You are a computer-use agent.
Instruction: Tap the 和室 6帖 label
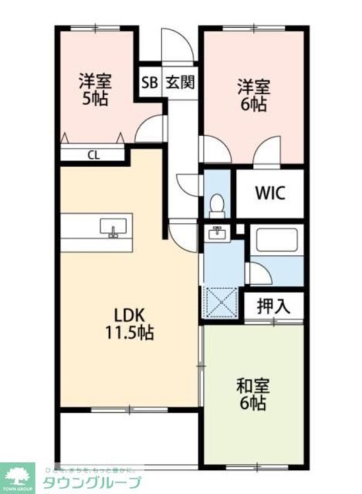click(252, 394)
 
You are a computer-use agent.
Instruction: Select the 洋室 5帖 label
click(95, 89)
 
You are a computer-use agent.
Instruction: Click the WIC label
click(269, 193)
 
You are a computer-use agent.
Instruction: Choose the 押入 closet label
click(273, 306)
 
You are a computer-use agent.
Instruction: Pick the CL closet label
click(93, 155)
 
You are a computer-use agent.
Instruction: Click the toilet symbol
click(216, 205)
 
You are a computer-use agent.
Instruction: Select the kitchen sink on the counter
click(113, 228)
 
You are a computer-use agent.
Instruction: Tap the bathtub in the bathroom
click(276, 240)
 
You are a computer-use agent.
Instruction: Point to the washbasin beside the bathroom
click(215, 233)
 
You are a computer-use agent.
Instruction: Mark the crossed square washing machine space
click(220, 302)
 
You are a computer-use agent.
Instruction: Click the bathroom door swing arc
click(259, 274)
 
